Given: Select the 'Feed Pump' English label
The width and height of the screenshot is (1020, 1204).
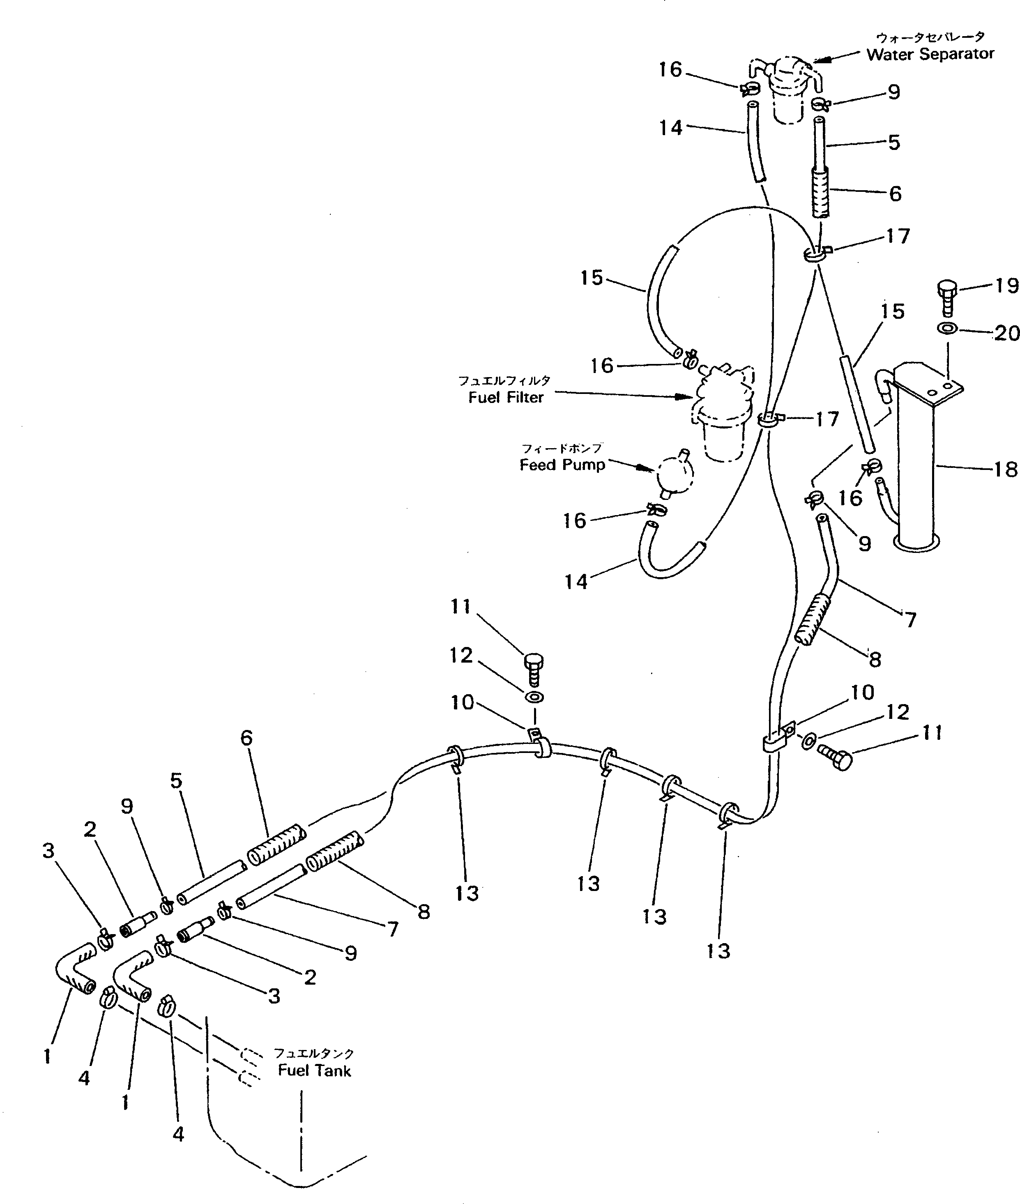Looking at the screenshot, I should (x=562, y=465).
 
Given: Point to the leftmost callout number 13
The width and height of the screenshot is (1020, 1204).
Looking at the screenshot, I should (x=467, y=893).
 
